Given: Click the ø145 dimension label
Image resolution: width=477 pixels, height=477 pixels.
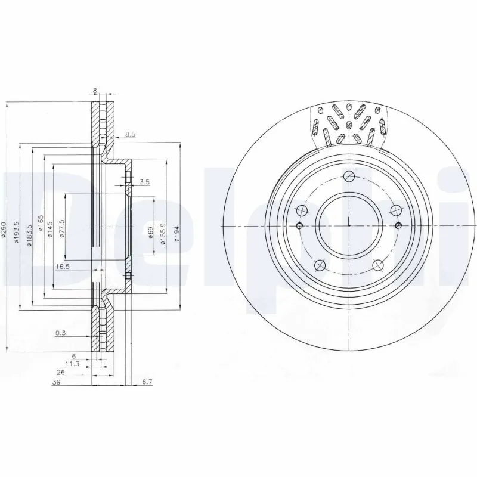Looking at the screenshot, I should (x=51, y=229).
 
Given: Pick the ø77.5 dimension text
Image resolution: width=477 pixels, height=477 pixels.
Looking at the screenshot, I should (x=62, y=229).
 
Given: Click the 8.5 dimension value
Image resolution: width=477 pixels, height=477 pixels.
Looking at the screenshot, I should (x=130, y=135).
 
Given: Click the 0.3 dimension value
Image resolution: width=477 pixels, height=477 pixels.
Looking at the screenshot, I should (x=60, y=333).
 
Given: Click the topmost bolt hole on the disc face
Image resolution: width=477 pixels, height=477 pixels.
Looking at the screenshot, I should (x=349, y=176).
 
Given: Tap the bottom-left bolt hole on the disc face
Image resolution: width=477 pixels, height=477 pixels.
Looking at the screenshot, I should (x=320, y=265).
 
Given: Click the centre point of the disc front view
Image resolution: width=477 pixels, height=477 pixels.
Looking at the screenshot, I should (x=348, y=225).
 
